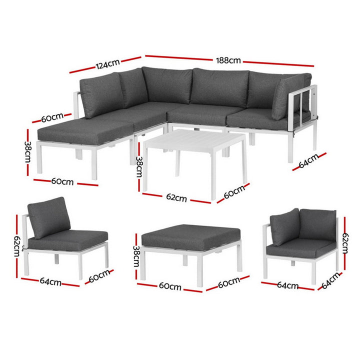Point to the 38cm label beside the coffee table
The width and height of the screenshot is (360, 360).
139,167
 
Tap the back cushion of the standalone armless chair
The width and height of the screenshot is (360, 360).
49,216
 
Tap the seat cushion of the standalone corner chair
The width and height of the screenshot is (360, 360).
299,246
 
